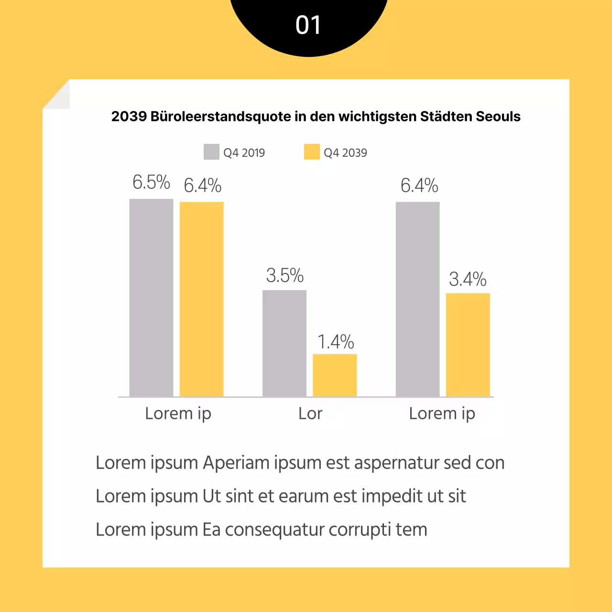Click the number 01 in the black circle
pyautogui.click(x=308, y=25)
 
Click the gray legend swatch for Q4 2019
pyautogui.click(x=211, y=152)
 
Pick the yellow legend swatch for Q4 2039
pyautogui.click(x=312, y=152)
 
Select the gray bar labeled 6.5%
pyautogui.click(x=151, y=297)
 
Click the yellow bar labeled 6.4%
pyautogui.click(x=201, y=299)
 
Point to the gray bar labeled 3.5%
pyautogui.click(x=284, y=343)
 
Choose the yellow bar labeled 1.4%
pyautogui.click(x=335, y=375)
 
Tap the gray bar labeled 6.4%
pyautogui.click(x=417, y=299)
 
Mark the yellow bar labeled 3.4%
pyautogui.click(x=468, y=345)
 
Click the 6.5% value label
pyautogui.click(x=151, y=182)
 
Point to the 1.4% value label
pyautogui.click(x=336, y=342)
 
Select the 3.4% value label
pyautogui.click(x=468, y=279)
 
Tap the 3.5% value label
pyautogui.click(x=285, y=275)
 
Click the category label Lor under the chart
pyautogui.click(x=310, y=414)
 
